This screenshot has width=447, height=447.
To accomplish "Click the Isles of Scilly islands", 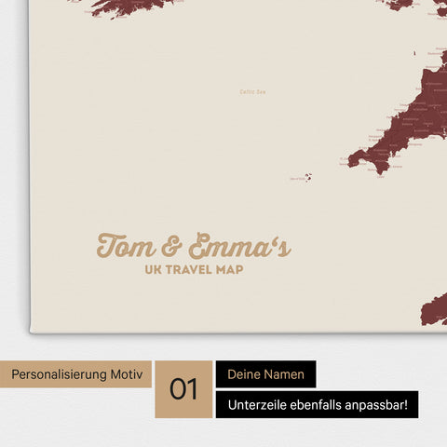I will point(306,177).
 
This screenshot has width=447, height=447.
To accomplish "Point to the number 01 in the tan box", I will point(183,388).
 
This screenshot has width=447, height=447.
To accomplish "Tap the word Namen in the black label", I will point(288,374).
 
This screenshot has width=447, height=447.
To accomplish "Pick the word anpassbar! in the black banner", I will point(387,405).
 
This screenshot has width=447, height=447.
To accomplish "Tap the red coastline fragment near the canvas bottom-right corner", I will point(435,309).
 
